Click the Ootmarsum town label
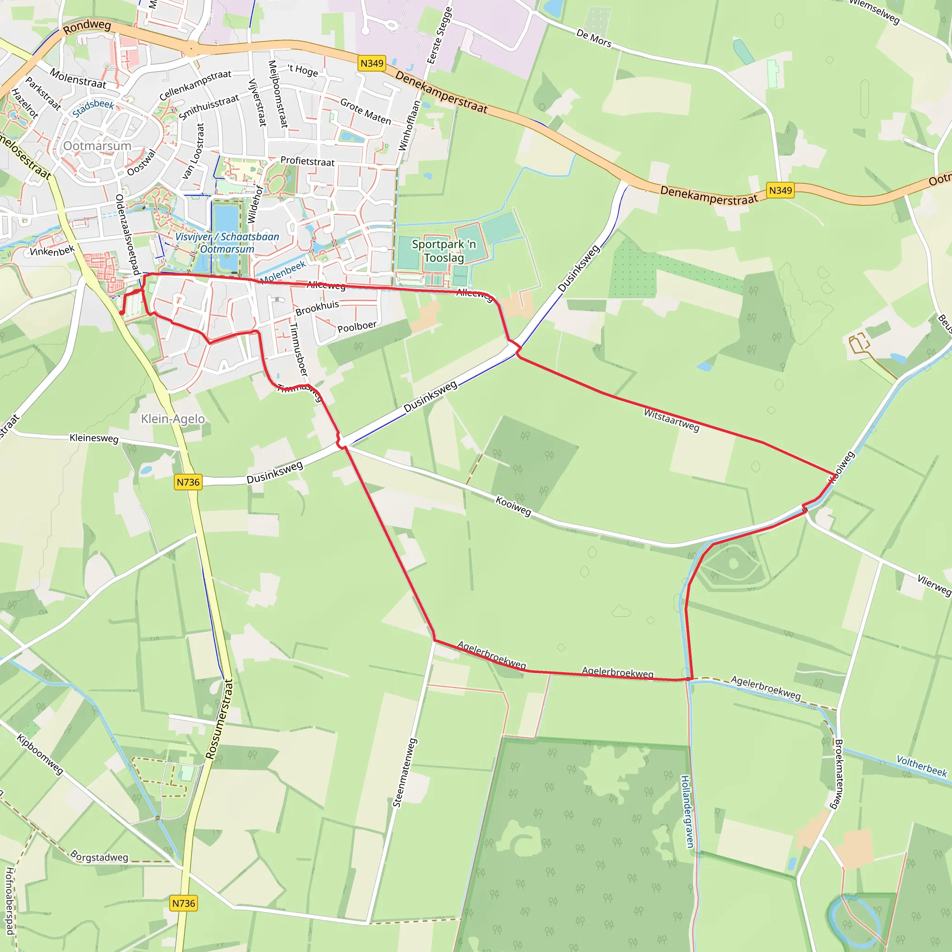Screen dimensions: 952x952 (97, 146)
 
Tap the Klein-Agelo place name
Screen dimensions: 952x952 (172, 419)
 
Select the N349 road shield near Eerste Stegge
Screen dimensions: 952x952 (371, 63)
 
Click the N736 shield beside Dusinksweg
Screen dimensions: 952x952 (188, 482)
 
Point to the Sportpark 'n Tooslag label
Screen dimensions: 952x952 (444, 251)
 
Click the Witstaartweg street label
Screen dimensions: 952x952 (671, 420)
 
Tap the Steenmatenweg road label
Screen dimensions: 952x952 (404, 773)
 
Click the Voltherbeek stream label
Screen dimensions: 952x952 (921, 766)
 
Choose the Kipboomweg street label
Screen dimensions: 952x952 (40, 754)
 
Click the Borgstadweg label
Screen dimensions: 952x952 (99, 856)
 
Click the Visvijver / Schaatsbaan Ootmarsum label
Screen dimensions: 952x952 (227, 243)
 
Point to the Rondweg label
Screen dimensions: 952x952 (87, 26)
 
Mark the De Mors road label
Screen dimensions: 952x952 (594, 39)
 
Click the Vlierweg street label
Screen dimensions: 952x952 (934, 585)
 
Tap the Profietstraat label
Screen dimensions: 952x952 (307, 161)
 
